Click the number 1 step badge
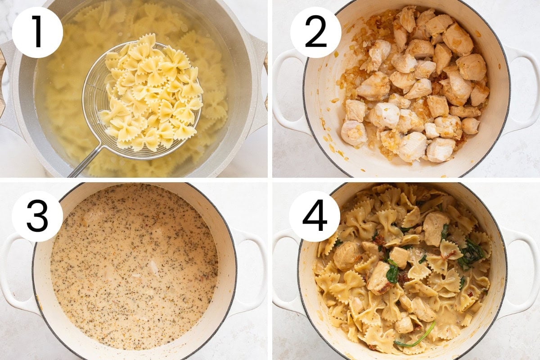coord(37,32)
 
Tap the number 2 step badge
coord(315,32)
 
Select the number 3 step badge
coord(37,216)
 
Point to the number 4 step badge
coord(315,216)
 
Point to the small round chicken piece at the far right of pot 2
coord(470,126)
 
